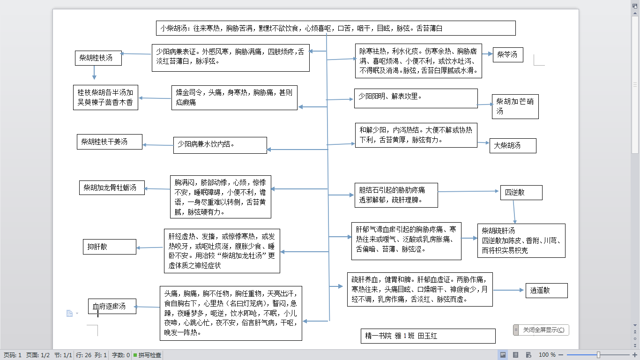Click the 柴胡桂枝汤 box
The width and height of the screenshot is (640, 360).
pyautogui.click(x=98, y=58)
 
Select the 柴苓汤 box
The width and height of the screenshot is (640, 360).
pyautogui.click(x=508, y=55)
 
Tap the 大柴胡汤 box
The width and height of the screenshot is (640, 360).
pyautogui.click(x=513, y=146)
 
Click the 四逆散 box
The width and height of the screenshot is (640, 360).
pyautogui.click(x=521, y=192)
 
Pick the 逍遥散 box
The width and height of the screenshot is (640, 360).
pyautogui.click(x=546, y=291)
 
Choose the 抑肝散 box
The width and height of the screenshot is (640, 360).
pyautogui.click(x=109, y=247)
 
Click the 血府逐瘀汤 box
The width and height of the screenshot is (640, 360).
pyautogui.click(x=112, y=307)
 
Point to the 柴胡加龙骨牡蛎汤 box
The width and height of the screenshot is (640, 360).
pyautogui.click(x=111, y=188)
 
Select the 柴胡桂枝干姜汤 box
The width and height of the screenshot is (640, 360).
pyautogui.click(x=109, y=142)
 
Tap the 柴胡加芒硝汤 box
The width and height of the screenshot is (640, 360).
pyautogui.click(x=515, y=106)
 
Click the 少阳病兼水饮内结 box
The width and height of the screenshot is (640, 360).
pyautogui.click(x=220, y=145)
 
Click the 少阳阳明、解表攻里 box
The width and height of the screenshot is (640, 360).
pyautogui.click(x=416, y=98)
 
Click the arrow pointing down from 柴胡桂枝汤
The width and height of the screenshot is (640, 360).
pyautogui.click(x=94, y=72)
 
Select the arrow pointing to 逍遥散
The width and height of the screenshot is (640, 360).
pyautogui.click(x=508, y=291)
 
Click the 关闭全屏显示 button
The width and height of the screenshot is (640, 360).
pyautogui.click(x=541, y=330)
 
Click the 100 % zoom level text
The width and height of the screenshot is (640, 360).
pyautogui.click(x=547, y=355)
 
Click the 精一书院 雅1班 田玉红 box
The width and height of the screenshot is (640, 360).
pyautogui.click(x=428, y=336)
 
